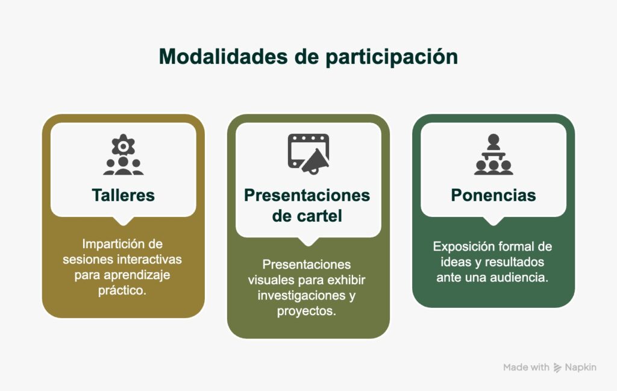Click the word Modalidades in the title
(224, 57)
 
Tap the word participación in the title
(392, 57)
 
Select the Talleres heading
(123, 195)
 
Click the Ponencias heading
(493, 195)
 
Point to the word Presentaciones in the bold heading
(307, 195)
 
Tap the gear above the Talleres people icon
(123, 146)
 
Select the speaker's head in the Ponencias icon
(493, 139)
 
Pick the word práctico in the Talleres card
(122, 290)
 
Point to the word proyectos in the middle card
(307, 311)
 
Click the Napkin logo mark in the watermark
(557, 368)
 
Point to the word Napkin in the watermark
(580, 368)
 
